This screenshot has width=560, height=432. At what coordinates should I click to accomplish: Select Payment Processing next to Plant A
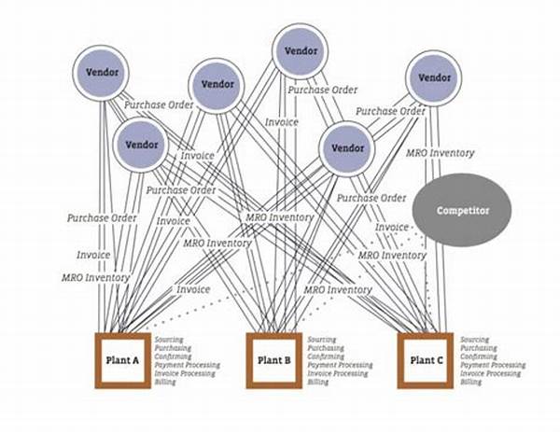click(188, 365)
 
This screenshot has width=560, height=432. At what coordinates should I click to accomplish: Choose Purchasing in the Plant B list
click(326, 348)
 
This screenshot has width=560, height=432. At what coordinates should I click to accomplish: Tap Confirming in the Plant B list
click(326, 356)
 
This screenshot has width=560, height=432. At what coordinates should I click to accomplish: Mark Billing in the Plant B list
click(318, 383)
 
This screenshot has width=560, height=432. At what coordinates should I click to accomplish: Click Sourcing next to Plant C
click(474, 340)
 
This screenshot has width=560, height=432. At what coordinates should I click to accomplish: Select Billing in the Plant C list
click(471, 383)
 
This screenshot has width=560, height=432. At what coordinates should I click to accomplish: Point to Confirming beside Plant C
click(479, 356)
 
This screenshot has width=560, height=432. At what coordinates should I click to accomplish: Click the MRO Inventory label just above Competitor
click(440, 153)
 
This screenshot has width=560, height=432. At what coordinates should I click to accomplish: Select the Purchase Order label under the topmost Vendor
click(322, 91)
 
